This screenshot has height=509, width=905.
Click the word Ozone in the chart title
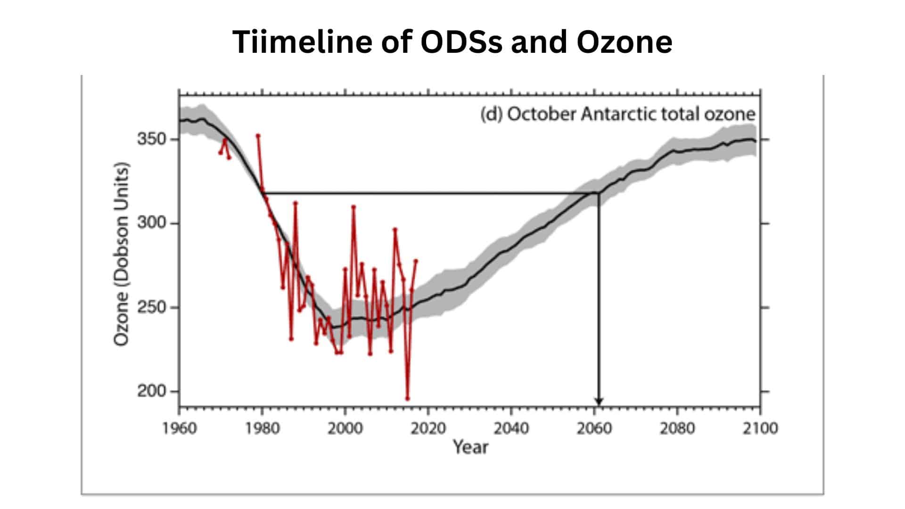tap(624, 41)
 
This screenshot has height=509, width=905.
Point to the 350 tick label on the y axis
tap(152, 140)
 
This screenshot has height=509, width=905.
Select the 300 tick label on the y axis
tap(152, 223)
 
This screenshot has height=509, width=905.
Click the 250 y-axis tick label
tap(152, 307)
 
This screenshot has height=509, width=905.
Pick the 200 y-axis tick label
tap(152, 391)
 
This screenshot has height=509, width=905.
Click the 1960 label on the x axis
tap(179, 428)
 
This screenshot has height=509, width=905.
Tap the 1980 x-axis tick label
tap(263, 428)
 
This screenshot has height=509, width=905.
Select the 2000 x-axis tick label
tap(346, 428)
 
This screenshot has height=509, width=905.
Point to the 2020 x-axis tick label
tap(428, 428)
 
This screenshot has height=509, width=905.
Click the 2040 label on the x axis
tap(511, 428)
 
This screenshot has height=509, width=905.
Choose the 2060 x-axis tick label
tap(594, 428)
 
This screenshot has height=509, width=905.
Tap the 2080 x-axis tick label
tap(677, 428)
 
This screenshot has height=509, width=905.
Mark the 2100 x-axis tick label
tap(760, 428)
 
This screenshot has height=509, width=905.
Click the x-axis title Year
tap(470, 447)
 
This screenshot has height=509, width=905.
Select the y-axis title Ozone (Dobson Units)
tap(121, 254)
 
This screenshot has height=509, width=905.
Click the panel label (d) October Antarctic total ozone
tap(617, 115)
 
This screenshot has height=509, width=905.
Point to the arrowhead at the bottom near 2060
tap(599, 402)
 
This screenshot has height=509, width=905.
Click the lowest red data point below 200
tap(407, 399)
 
